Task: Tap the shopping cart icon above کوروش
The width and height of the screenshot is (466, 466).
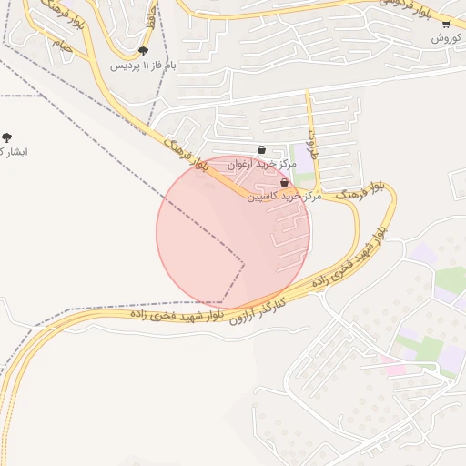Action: pos(446,25)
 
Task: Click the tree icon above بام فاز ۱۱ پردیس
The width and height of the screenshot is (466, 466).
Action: pos(143,52)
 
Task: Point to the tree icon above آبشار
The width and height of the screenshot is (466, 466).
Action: pos(7,137)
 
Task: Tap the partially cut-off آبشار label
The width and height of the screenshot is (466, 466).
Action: pos(13,152)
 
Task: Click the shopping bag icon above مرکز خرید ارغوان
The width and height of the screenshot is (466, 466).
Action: pos(262,150)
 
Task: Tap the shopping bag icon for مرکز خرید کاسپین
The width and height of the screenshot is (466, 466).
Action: pos(284,183)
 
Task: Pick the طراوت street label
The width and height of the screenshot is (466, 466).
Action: pos(314,143)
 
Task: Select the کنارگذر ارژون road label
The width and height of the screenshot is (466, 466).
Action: pos(258,309)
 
